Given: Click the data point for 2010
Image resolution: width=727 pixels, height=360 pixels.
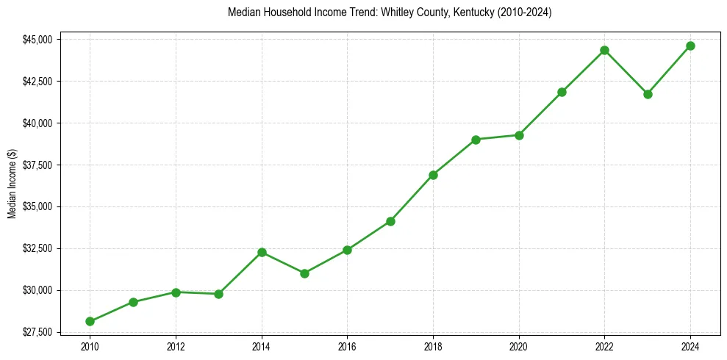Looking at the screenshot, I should coord(90,321).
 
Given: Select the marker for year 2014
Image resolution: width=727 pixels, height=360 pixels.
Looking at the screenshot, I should coord(262,252).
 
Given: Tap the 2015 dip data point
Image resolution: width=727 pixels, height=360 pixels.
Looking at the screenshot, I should coord(304,273).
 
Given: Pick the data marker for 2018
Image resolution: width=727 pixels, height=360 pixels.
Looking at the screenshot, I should coord(433,175).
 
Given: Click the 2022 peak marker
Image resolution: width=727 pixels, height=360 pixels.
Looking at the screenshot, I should coord(604,50).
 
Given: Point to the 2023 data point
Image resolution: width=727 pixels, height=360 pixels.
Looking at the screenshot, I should coord(648,94).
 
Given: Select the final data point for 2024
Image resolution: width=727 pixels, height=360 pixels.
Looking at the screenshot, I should coord(690,46).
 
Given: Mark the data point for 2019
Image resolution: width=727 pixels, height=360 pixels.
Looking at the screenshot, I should coord(476,140).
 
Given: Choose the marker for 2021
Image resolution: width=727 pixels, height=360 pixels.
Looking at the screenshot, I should coord(562,92).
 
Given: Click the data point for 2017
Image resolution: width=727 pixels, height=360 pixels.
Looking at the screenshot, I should coord(390,221).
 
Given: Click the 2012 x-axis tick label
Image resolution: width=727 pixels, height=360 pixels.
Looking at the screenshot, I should coord(176,346).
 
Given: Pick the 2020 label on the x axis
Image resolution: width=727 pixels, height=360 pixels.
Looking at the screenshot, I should coord(519,346).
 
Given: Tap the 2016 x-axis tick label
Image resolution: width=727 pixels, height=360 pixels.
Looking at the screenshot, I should coord(347,346).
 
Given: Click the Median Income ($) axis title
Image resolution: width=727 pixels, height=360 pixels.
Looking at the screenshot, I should coord(12,185).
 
